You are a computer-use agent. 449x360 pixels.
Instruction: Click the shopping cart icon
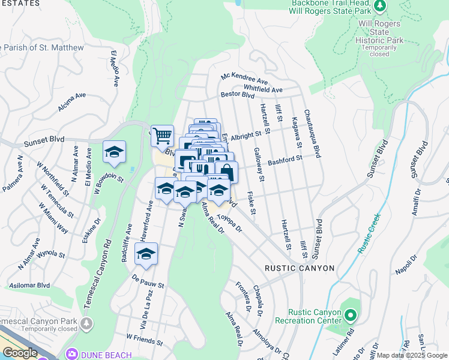(162, 136)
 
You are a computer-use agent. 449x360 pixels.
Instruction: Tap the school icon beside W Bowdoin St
(114, 152)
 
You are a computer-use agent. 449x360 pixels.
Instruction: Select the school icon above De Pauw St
(146, 254)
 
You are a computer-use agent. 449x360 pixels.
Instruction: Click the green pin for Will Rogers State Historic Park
(379, 7)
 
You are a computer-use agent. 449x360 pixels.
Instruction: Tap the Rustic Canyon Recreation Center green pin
(351, 313)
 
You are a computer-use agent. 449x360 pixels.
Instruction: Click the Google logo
(19, 353)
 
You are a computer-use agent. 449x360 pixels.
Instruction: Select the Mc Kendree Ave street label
(244, 78)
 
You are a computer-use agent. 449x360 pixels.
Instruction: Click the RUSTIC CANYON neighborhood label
(300, 268)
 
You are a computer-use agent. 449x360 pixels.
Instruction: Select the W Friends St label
(144, 340)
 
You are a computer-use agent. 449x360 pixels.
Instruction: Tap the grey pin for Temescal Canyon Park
(87, 325)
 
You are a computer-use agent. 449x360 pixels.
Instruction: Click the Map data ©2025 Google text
(411, 355)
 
